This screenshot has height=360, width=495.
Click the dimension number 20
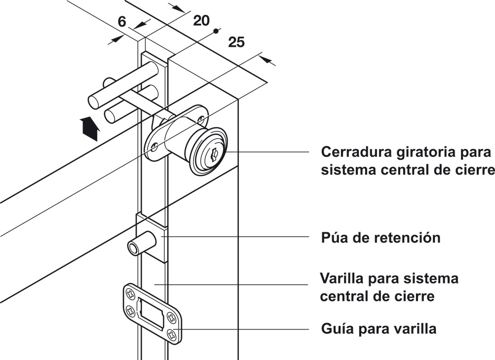pyautogui.click(x=201, y=20)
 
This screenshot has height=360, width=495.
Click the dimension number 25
pyautogui.click(x=236, y=42)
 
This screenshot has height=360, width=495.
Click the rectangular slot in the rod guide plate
pyautogui.click(x=151, y=313)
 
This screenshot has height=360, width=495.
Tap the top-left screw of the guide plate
pyautogui.click(x=131, y=294)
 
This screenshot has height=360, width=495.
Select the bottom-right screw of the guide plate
pyautogui.click(x=171, y=333)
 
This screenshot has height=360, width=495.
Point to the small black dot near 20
pyautogui.click(x=216, y=31)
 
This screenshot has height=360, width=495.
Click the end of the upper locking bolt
pyautogui.click(x=94, y=103)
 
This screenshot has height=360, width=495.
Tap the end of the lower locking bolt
pyautogui.click(x=111, y=117)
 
